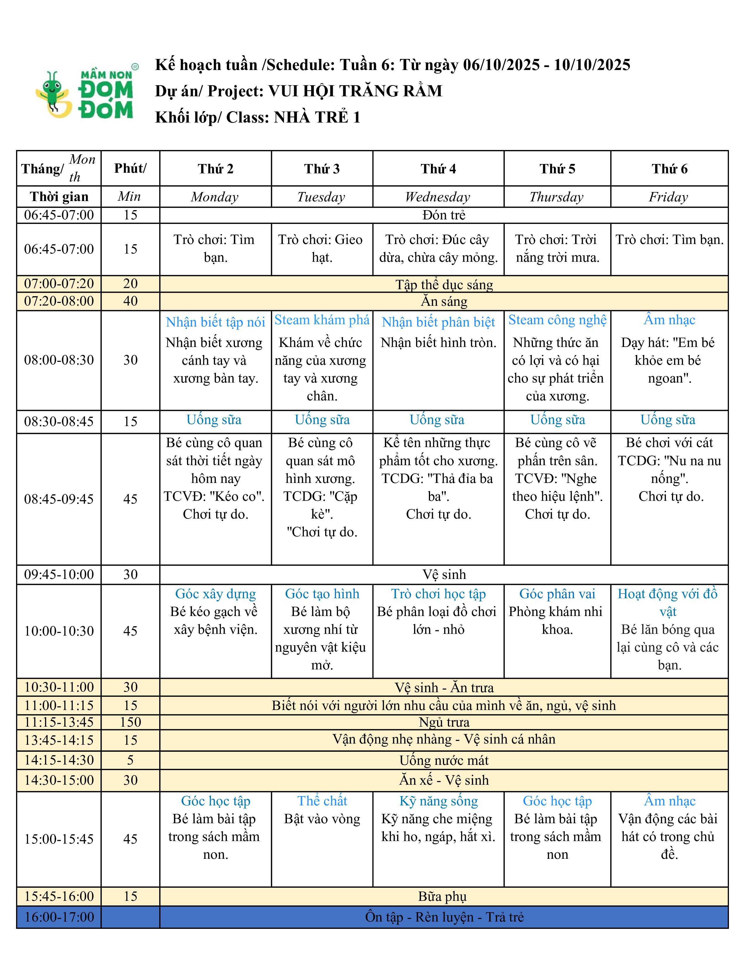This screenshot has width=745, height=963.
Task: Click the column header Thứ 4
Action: pos(438,169)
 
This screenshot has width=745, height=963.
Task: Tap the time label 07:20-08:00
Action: pos(59,301)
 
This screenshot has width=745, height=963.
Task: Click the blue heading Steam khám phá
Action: pos(322,320)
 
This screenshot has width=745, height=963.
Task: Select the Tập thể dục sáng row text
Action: pos(444,285)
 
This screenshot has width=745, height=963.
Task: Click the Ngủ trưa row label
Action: pos(444,722)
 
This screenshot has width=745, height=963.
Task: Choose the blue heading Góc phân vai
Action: pos(557,594)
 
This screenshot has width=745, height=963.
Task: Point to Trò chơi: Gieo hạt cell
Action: pos(321,248)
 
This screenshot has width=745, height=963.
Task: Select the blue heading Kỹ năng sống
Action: pos(438,801)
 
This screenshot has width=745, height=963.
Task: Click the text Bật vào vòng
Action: pos(322,819)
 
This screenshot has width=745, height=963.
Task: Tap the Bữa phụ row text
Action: pos(442,896)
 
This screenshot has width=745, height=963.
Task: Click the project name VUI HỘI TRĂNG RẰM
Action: pos(355,91)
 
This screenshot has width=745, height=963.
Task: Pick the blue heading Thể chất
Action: pos(322,801)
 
